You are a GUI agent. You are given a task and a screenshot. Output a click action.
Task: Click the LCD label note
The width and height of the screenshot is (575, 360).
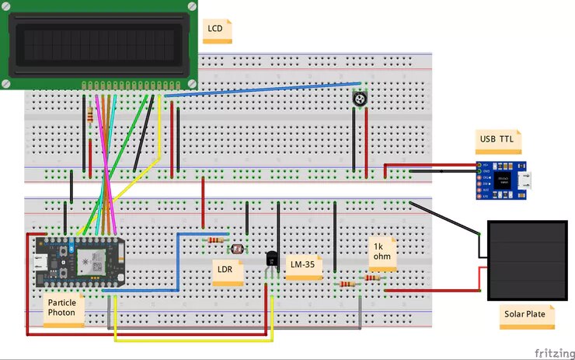218,30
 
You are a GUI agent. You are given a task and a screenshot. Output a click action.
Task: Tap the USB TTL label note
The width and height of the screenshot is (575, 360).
498,140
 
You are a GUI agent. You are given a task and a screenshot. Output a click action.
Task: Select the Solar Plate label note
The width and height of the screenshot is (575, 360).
528,315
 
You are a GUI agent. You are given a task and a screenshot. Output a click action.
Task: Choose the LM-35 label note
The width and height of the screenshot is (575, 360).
303,266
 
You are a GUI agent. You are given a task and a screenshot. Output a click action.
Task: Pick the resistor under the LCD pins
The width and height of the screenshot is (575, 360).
94,115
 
